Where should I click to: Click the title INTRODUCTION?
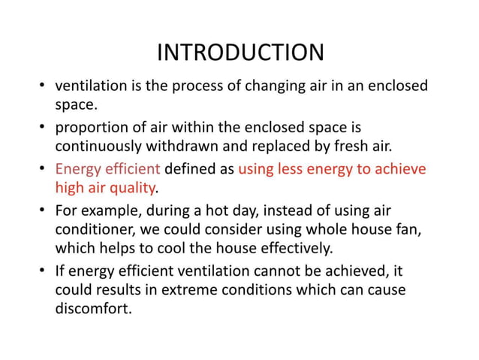[x=239, y=53]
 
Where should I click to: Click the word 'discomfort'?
[x=92, y=307]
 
